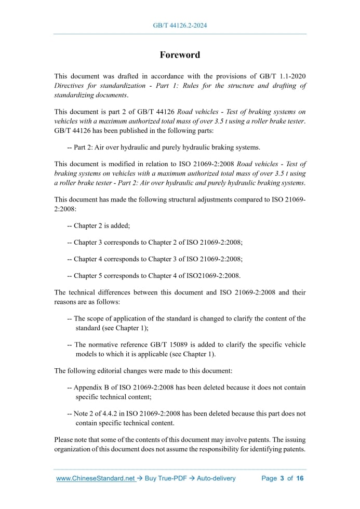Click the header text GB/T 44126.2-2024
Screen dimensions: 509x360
pos(180,25)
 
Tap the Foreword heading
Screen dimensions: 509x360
pos(180,55)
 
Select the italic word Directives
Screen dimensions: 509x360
pos(70,86)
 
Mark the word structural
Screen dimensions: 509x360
pos(181,200)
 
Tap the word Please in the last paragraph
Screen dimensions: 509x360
pos(65,439)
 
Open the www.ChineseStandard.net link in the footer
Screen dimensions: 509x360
pos(96,478)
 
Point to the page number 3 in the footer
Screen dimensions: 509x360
pos(282,478)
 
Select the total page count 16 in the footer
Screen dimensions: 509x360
pos(300,478)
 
